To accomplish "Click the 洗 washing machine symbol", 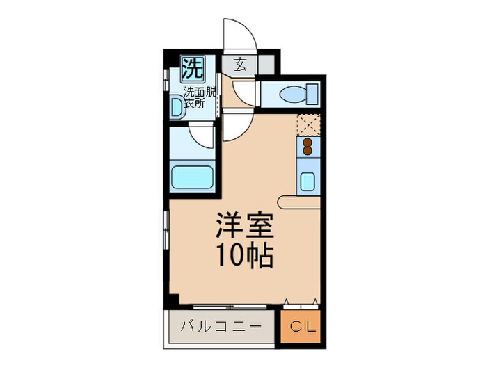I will (x=193, y=69).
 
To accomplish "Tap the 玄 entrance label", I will (x=239, y=65).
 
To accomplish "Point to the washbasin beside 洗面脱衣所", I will (x=177, y=108).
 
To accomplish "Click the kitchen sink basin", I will (x=307, y=181).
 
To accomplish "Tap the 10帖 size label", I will (x=243, y=257).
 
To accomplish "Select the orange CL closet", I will (x=302, y=326).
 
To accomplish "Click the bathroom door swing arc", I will (x=202, y=136).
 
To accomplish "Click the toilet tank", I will (x=313, y=92).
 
